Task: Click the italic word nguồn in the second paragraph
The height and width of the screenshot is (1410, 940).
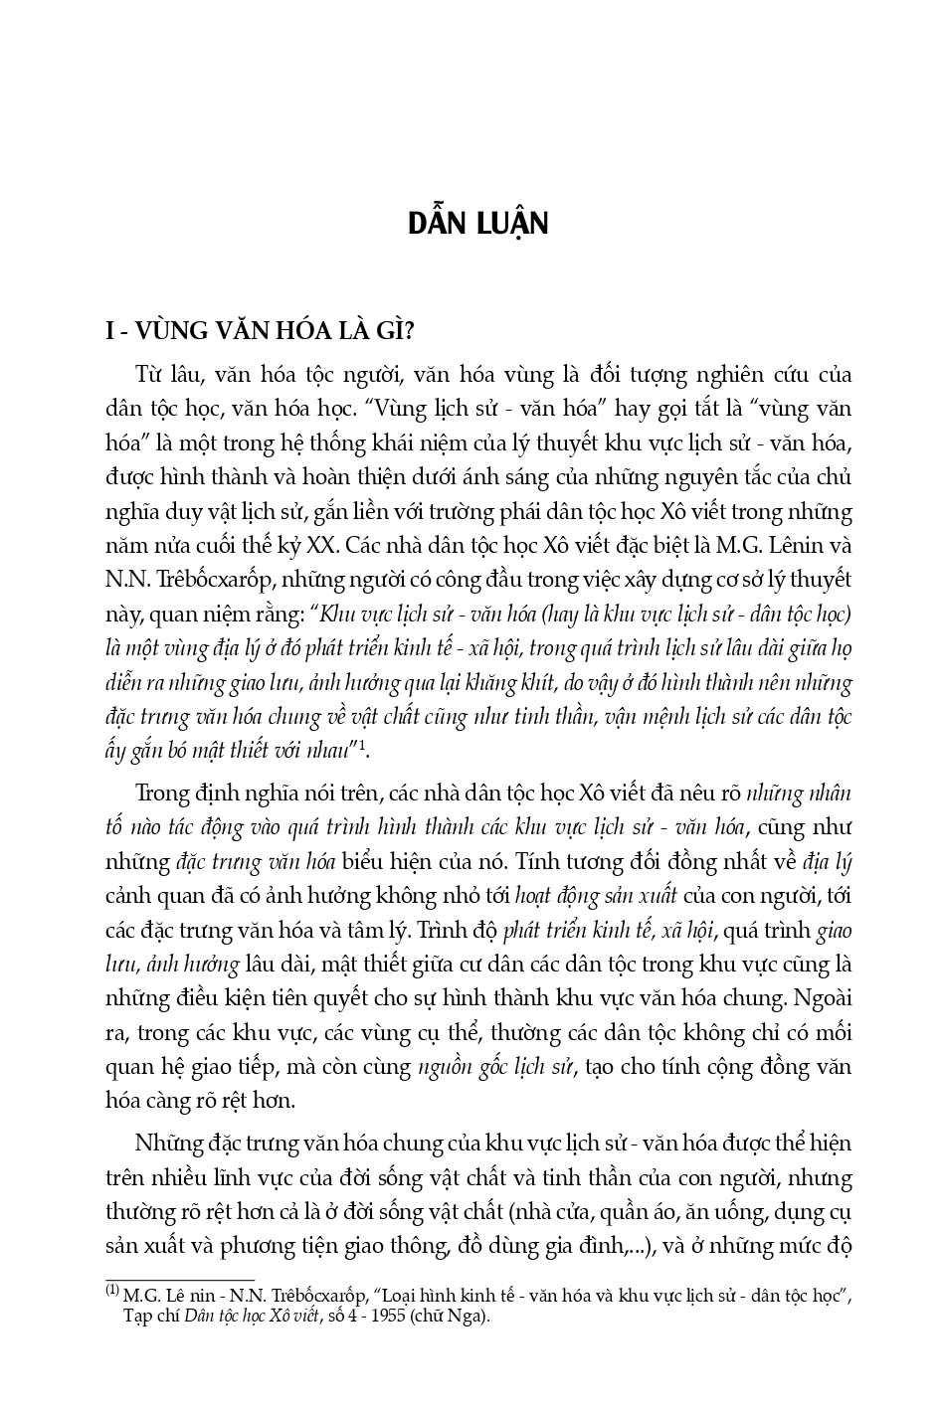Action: coord(445,1067)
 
